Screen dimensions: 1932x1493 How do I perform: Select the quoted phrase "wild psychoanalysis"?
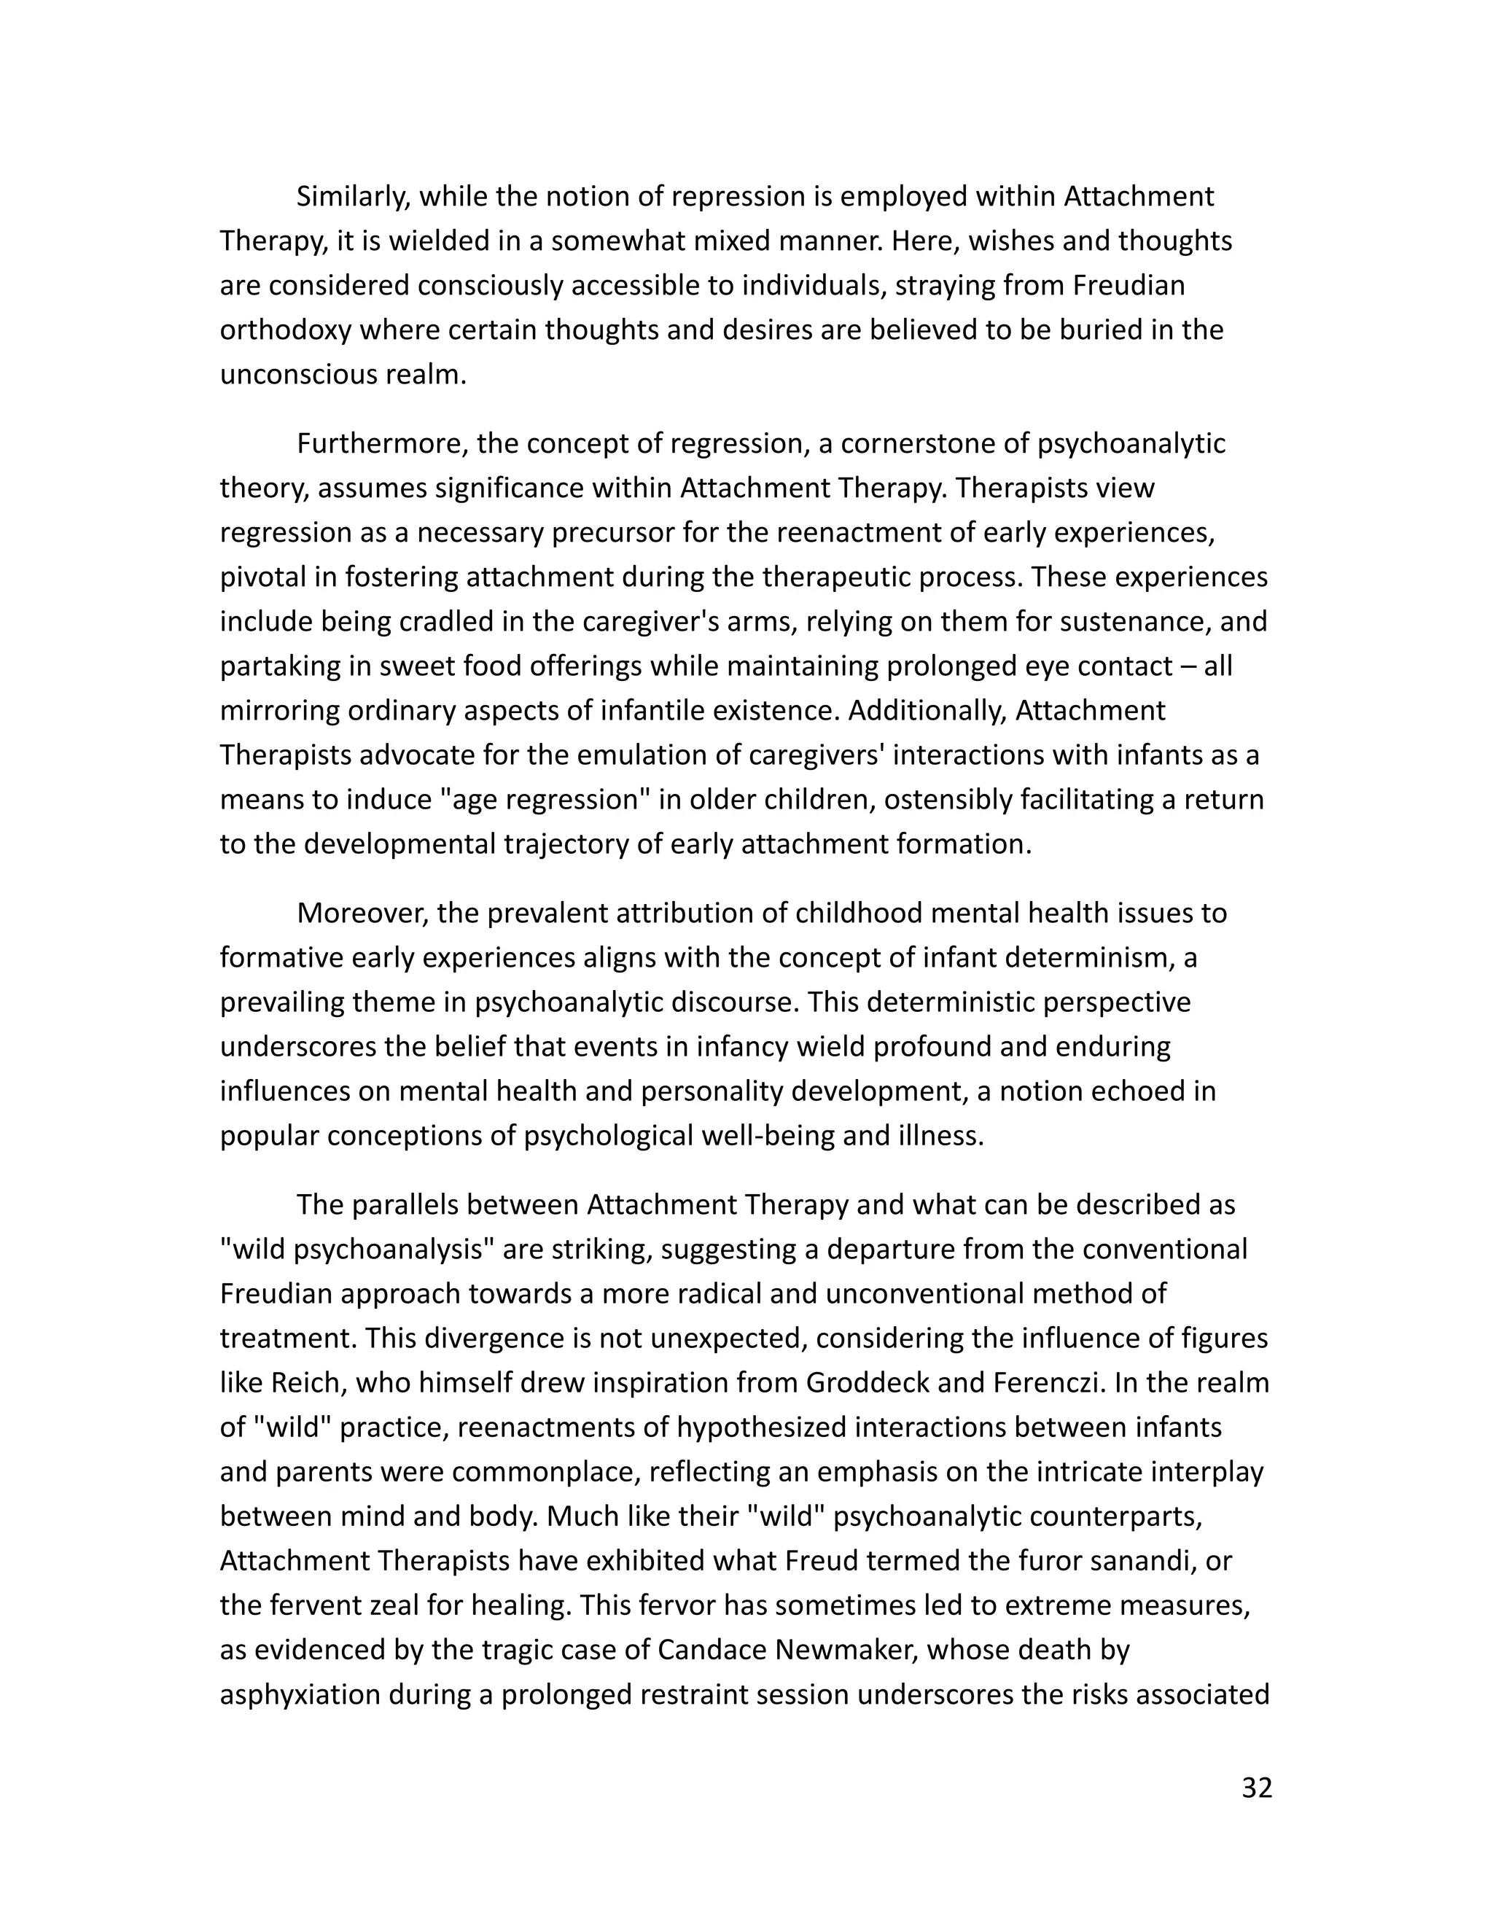click(356, 1249)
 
